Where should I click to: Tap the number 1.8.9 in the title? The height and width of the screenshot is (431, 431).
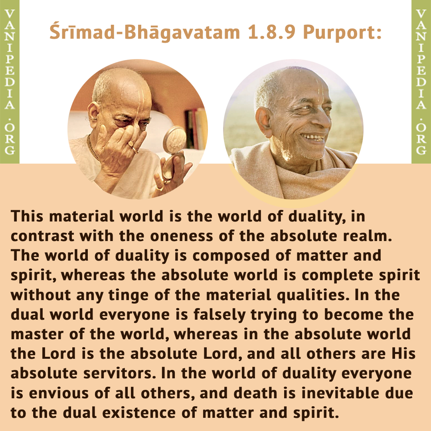tap(272, 32)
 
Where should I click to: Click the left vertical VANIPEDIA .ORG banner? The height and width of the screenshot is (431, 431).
tap(10, 82)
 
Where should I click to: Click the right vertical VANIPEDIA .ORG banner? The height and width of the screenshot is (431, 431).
tap(421, 82)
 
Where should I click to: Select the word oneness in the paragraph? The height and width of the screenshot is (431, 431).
tap(182, 236)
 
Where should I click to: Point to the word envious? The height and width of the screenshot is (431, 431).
tap(59, 393)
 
